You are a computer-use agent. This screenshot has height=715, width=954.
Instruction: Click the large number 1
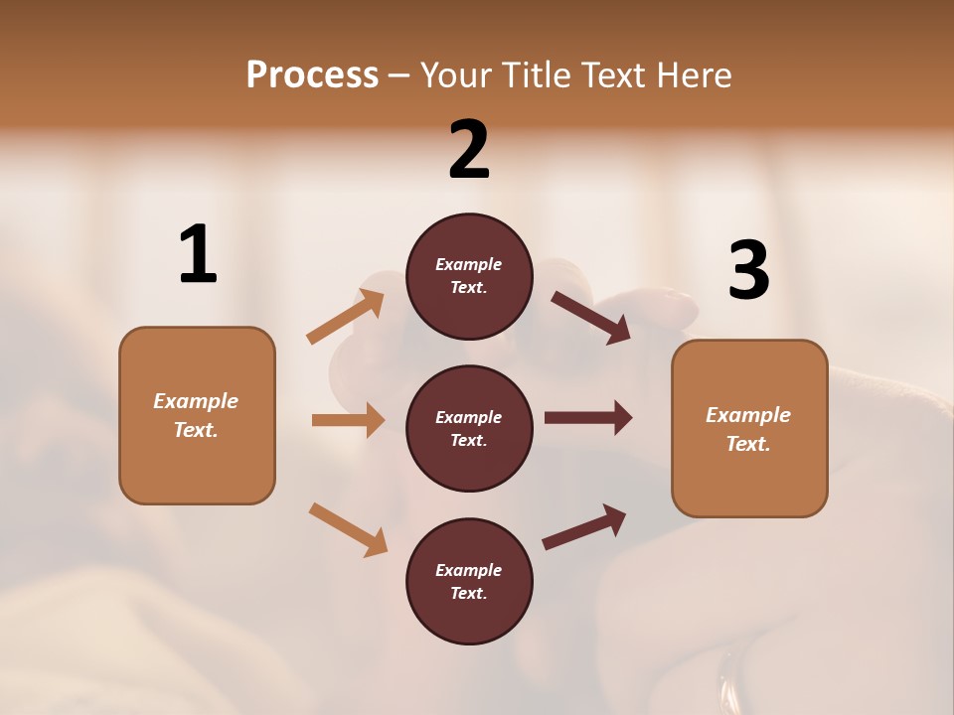[198, 255]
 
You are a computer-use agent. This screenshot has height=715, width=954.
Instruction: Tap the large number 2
[469, 150]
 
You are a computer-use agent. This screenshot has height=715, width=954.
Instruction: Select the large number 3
[748, 271]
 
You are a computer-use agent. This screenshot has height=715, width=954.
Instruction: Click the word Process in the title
[312, 74]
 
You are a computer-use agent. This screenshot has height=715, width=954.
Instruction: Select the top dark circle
[469, 276]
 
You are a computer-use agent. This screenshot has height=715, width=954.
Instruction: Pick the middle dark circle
[469, 428]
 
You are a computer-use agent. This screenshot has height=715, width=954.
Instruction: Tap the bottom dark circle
[469, 581]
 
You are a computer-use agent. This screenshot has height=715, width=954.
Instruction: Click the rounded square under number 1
[197, 415]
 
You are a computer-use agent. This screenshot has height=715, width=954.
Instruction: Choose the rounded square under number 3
[749, 429]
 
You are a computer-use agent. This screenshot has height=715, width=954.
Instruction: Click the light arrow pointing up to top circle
[346, 317]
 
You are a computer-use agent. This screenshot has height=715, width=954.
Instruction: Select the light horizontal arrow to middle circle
[348, 420]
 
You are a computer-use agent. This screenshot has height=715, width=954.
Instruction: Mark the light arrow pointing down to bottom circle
[349, 529]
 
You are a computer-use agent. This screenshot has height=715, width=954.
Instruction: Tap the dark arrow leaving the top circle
[591, 317]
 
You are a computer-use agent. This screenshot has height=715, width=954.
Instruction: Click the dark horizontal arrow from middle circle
[587, 418]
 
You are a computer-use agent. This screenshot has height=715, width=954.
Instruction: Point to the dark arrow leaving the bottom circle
[584, 526]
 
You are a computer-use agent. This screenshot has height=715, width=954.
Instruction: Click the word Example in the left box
[196, 401]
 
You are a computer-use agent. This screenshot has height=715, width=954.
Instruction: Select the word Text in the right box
[747, 444]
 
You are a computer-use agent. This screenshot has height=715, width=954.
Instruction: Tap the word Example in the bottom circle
[468, 570]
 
